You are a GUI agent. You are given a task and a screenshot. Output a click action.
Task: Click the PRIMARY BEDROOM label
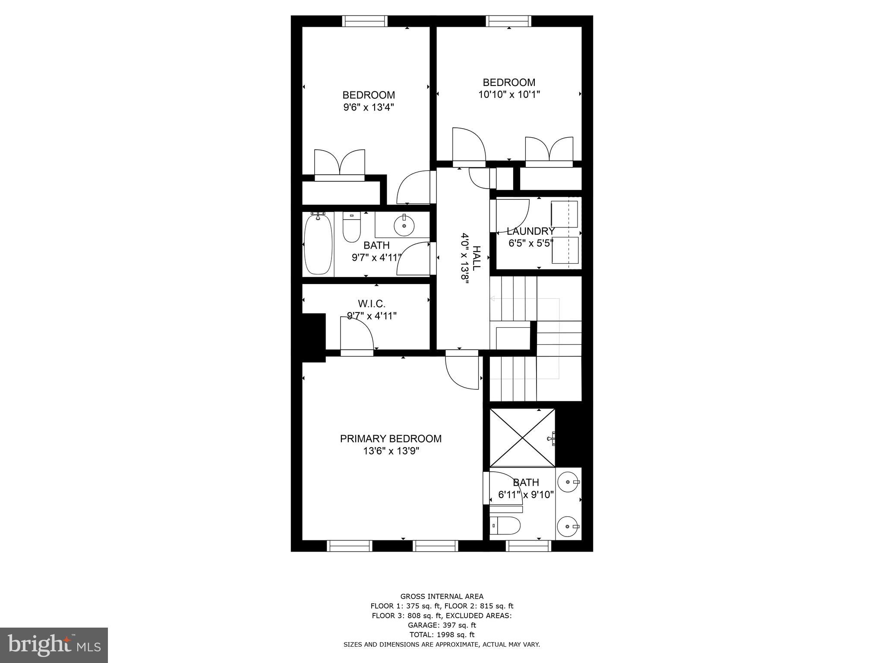(x=391, y=439)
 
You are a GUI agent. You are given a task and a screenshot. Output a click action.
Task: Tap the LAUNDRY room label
(x=530, y=231)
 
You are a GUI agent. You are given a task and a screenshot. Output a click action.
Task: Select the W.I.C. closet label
(x=372, y=304)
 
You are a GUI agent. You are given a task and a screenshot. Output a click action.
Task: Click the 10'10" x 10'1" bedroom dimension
(x=509, y=95)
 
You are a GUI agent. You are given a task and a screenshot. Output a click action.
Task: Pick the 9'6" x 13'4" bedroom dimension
(x=369, y=107)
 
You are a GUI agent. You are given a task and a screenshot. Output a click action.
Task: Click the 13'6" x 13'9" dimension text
(x=391, y=451)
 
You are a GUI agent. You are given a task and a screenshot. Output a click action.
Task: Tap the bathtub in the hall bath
(x=318, y=244)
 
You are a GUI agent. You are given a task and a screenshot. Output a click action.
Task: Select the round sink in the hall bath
(x=404, y=225)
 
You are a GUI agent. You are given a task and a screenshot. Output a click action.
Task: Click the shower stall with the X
(x=522, y=438)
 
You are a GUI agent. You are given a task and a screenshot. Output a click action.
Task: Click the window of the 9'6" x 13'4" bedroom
(x=365, y=21)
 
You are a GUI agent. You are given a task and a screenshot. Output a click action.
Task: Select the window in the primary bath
(x=528, y=546)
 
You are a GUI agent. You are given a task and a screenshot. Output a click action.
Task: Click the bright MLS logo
(x=54, y=644)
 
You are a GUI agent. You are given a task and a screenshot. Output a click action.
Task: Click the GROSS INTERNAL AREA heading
(x=442, y=597)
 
